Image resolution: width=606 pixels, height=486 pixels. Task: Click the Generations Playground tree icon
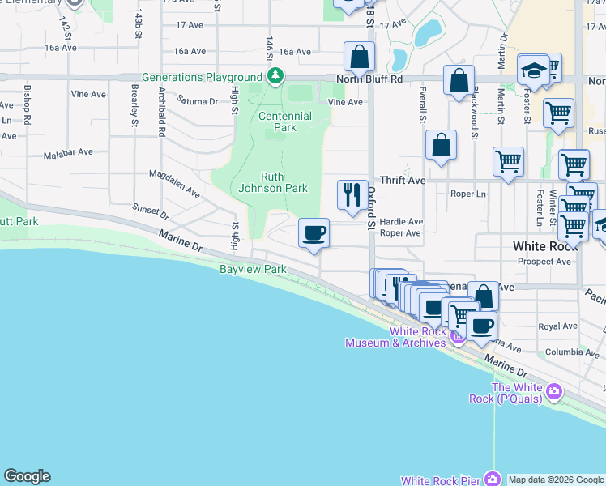tap(276, 76)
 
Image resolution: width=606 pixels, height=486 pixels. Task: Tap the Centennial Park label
tap(284, 122)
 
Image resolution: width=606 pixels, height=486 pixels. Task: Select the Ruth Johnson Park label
tap(273, 182)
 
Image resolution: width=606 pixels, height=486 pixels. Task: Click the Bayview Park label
tap(252, 268)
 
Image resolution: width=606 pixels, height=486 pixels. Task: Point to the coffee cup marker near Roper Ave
tap(314, 234)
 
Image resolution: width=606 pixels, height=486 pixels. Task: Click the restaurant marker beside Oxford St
tap(352, 194)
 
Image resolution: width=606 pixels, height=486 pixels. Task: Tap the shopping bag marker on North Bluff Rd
tap(358, 57)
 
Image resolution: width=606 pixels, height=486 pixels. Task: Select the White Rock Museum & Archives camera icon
tap(458, 337)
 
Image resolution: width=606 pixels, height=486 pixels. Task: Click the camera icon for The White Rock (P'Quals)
tap(554, 392)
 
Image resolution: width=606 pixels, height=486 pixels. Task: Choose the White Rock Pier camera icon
tap(491, 479)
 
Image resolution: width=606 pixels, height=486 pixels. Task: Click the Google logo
tap(27, 476)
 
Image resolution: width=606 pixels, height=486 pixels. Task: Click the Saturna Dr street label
tap(198, 101)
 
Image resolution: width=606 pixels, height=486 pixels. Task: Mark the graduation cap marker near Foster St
tap(535, 70)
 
